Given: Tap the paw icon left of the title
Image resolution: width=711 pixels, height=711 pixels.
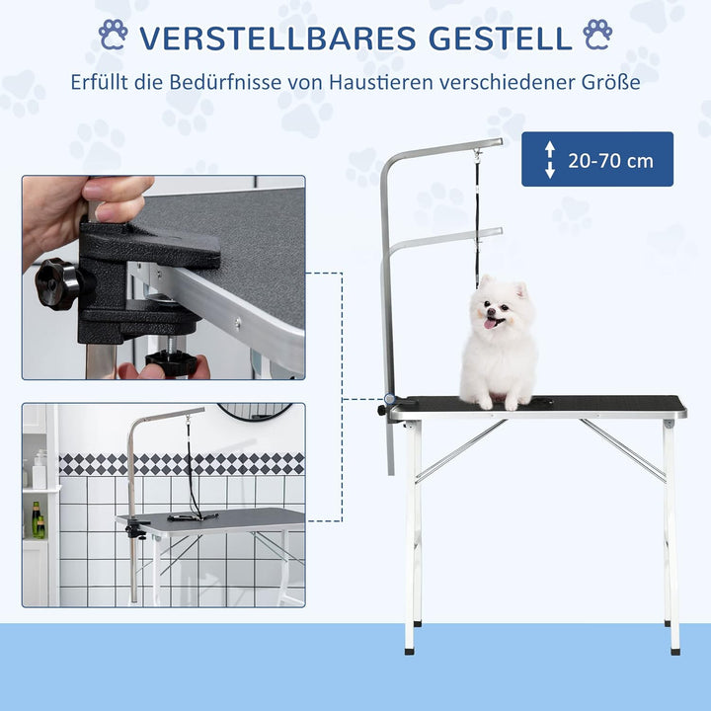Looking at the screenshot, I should pos(114,36).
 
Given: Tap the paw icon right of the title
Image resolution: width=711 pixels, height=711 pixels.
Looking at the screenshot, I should pos(597,35).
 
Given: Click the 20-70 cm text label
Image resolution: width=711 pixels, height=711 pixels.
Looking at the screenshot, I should pos(610,160).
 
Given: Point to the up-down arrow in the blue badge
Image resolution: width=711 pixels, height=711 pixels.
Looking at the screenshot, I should pos(550,160).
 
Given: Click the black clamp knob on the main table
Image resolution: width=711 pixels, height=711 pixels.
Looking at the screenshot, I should pos(385,407).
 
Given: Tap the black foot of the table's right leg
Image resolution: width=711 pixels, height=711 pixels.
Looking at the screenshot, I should pos(674,649).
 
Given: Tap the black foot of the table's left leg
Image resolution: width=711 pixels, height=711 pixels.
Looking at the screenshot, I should pos(410,649).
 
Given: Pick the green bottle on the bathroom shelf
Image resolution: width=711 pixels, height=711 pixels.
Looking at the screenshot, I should pos(36,518).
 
